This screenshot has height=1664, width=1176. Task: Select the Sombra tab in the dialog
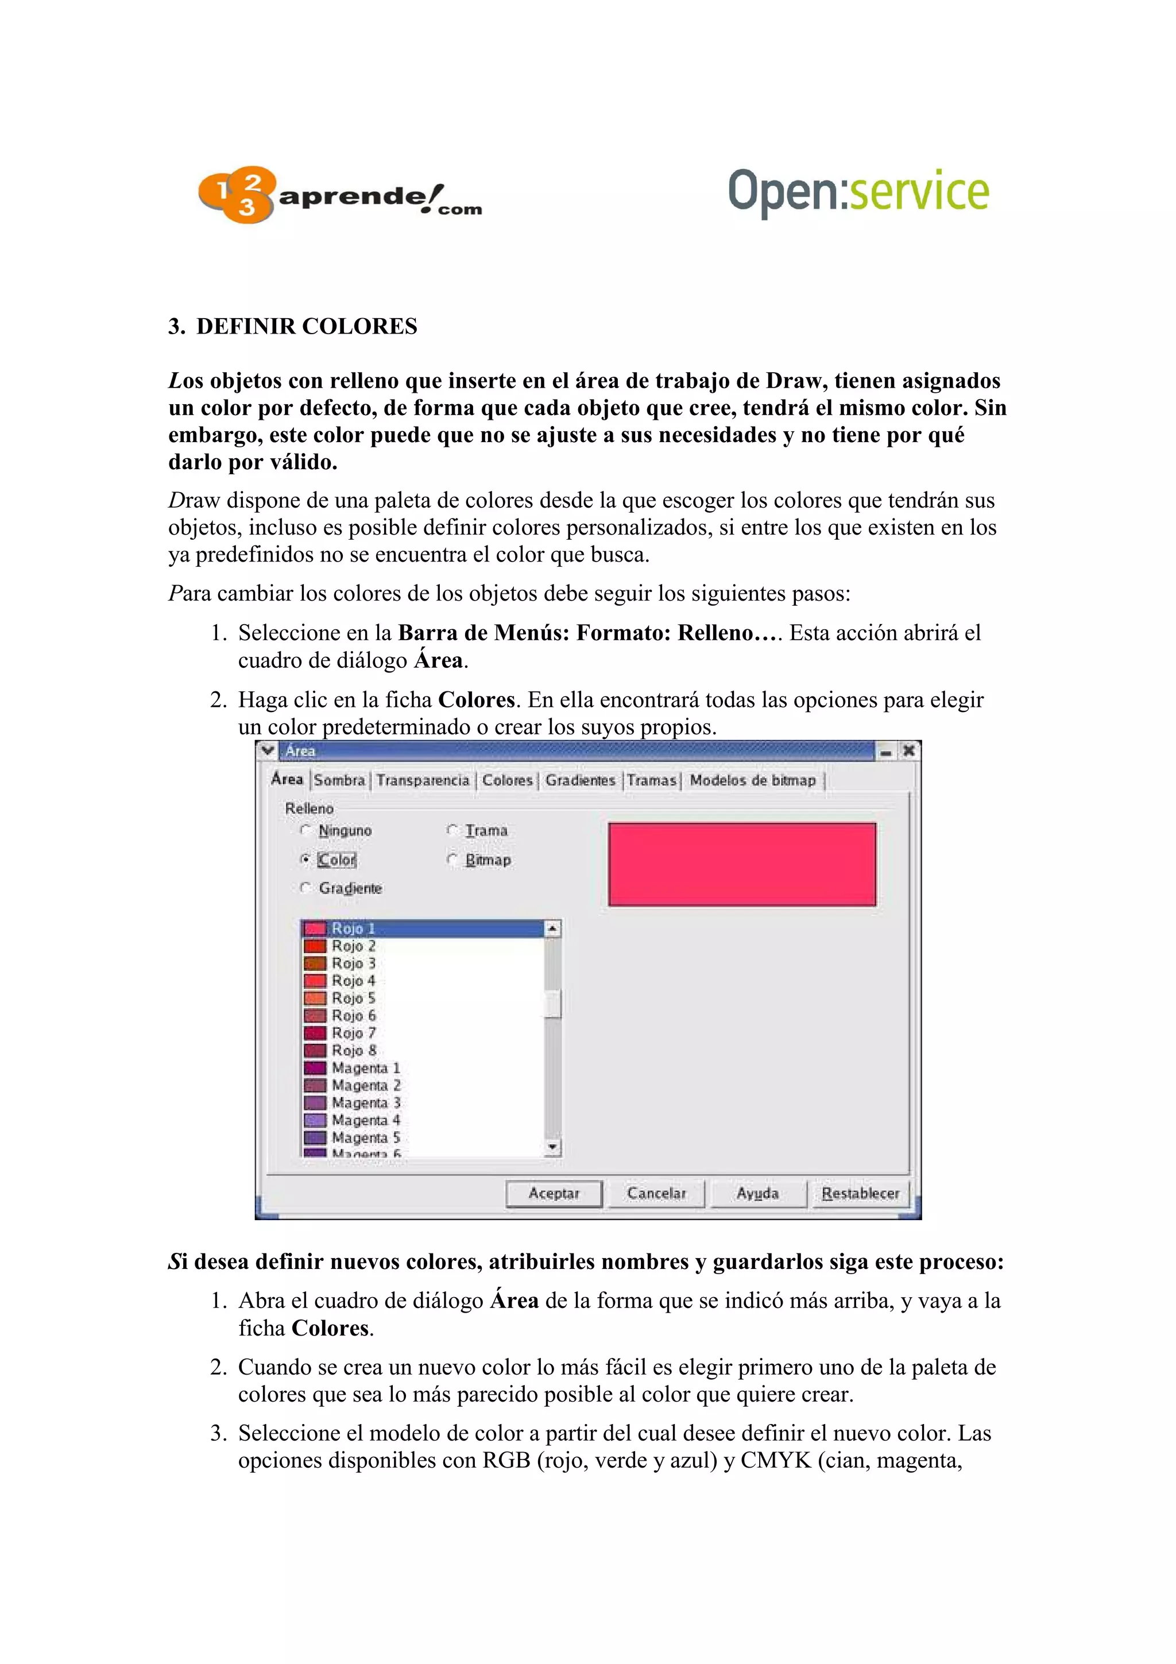click(339, 780)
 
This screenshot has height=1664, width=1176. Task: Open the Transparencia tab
click(423, 780)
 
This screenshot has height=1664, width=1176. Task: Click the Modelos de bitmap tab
click(752, 780)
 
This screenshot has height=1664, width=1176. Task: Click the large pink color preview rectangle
click(741, 864)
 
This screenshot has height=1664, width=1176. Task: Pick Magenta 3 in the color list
click(365, 1103)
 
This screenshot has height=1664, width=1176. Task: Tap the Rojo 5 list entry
click(354, 999)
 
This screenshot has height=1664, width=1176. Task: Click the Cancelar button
click(656, 1194)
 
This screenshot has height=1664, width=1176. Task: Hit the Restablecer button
click(860, 1194)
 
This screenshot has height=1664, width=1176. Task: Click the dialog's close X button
click(908, 751)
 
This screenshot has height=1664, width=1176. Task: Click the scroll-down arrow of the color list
click(553, 1147)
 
